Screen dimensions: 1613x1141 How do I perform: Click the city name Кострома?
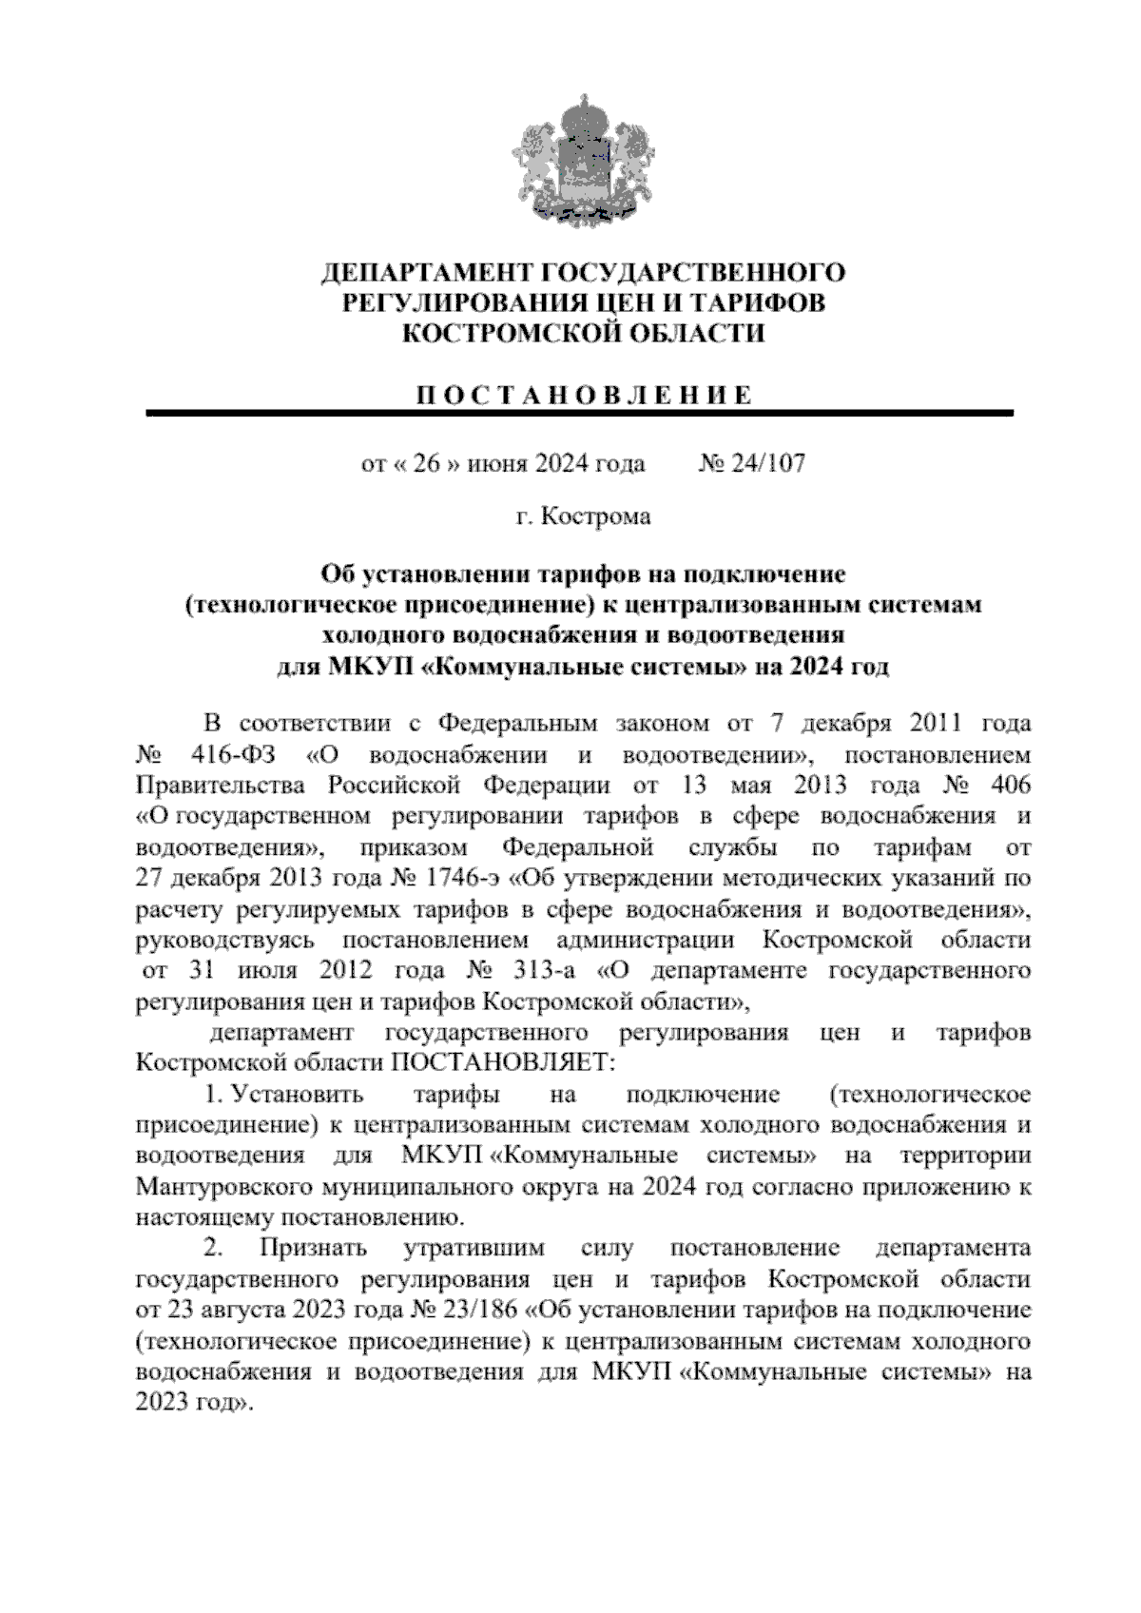[596, 516]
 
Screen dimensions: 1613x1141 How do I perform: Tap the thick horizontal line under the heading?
[579, 413]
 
